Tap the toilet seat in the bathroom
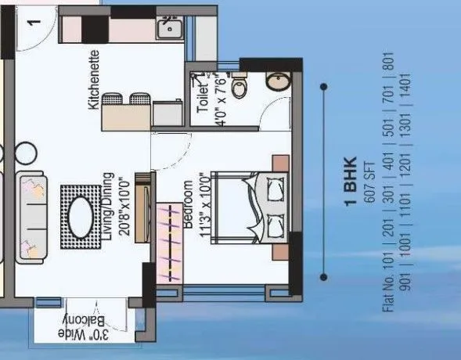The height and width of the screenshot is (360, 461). click(x=239, y=87)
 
